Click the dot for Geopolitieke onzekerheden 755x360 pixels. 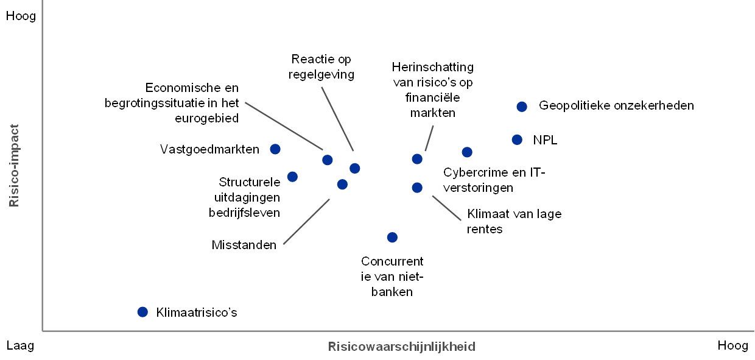point(522,107)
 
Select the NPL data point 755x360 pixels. point(517,139)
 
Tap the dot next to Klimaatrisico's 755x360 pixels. point(142,312)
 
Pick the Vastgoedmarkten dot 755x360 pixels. point(275,149)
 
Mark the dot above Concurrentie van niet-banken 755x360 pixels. point(392,238)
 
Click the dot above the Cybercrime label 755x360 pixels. point(467,152)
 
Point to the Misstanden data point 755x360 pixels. point(342,185)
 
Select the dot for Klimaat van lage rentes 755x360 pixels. point(417,188)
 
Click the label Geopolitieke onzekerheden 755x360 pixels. point(616,105)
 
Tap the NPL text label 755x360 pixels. point(545,140)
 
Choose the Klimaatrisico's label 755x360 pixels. point(197,312)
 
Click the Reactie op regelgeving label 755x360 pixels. point(321,67)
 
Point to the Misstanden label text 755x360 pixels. point(244,245)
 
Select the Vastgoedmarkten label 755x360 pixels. point(209,149)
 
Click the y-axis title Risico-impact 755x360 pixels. point(14,166)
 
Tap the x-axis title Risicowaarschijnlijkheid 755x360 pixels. point(402,347)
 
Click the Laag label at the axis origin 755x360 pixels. point(20,346)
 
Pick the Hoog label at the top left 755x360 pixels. point(21,16)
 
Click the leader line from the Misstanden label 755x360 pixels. point(306,222)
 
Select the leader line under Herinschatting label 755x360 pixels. point(429,138)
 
